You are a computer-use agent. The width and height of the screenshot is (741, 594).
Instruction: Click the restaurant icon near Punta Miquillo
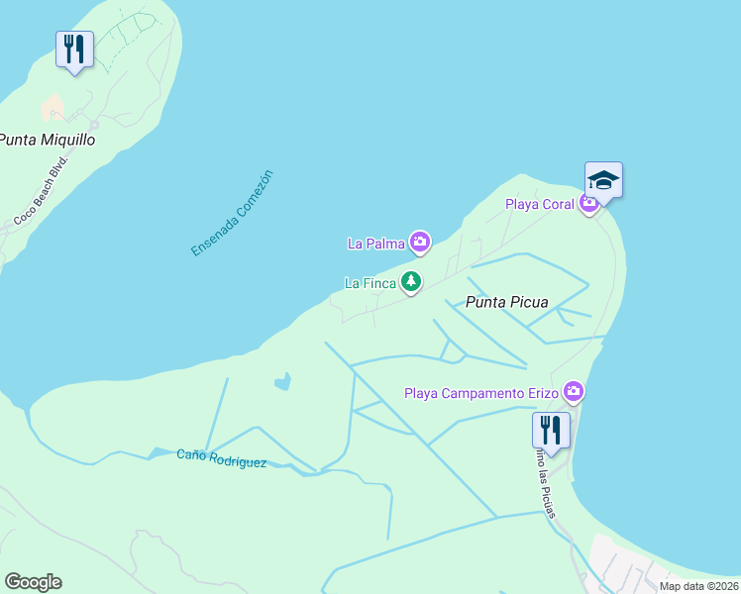74,49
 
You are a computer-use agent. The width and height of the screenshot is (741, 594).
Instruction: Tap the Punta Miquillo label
48,140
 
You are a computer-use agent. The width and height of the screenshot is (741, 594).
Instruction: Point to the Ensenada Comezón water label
232,214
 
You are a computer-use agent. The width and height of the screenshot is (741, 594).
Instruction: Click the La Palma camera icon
420,242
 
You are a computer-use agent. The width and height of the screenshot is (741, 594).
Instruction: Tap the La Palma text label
376,243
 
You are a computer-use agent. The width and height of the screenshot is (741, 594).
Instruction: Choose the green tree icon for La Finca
411,282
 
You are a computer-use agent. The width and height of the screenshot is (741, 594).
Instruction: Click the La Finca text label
370,283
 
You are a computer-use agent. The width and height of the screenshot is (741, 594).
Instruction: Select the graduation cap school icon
603,180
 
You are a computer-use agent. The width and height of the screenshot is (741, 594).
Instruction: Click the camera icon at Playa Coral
589,204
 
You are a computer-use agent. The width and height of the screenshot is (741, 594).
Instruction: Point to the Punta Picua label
506,302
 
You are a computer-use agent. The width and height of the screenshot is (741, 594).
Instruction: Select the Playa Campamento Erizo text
480,393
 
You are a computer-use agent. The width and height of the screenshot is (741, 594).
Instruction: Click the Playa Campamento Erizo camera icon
573,393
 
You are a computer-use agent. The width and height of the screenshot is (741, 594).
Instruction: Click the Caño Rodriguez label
221,458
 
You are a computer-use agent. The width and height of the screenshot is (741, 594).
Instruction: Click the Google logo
33,582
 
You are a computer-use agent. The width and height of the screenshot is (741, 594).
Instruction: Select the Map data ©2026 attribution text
699,586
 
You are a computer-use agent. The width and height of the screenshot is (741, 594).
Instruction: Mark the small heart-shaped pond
283,380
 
